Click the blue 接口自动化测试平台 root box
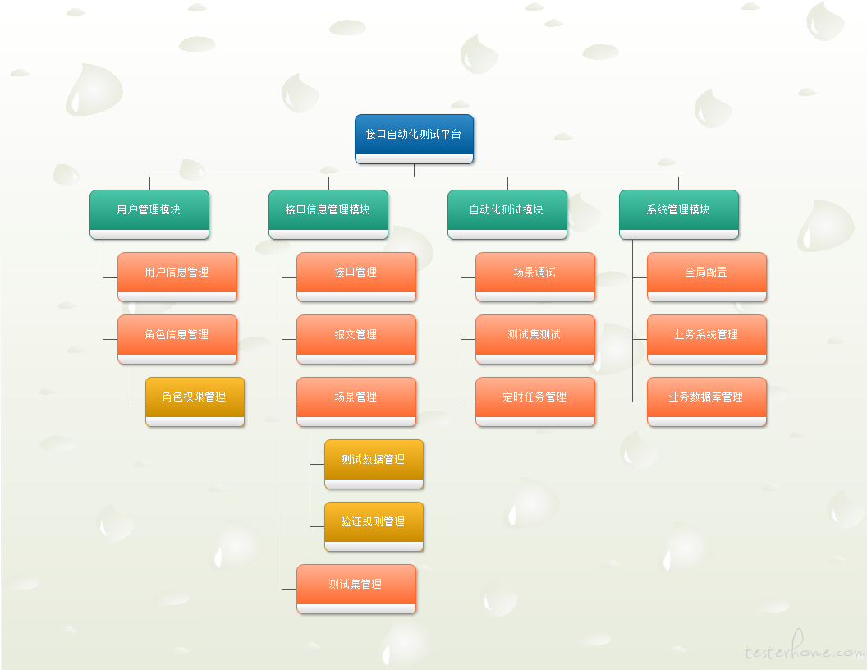[x=414, y=140]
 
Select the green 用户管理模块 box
[x=149, y=214]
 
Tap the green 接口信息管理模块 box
[x=328, y=214]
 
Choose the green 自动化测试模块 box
[x=507, y=214]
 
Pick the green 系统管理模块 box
[x=679, y=214]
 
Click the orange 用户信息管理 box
[x=177, y=277]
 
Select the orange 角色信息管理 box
[x=177, y=339]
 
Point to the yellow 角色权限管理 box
[x=195, y=402]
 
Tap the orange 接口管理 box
[x=356, y=277]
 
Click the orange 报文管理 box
[x=356, y=339]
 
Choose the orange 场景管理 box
[x=356, y=402]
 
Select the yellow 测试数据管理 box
[x=374, y=465]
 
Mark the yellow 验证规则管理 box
[x=374, y=527]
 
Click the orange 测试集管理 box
[x=356, y=590]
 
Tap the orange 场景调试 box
[x=535, y=277]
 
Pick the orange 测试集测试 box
[x=535, y=339]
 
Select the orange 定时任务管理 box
[x=535, y=402]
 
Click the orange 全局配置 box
[x=707, y=277]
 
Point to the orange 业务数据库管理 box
[x=707, y=402]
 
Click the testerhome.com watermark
[x=805, y=648]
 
